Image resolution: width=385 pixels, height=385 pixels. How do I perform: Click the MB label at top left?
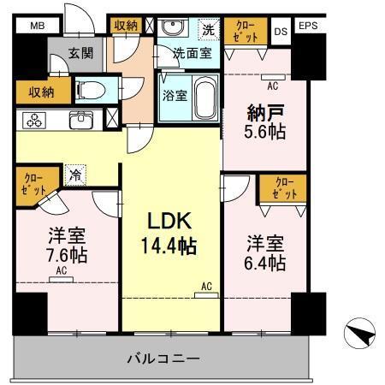37,27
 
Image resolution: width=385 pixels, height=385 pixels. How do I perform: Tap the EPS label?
309,27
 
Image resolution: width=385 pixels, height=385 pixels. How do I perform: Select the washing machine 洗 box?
206,29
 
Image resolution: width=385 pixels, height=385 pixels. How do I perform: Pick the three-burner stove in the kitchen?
35,121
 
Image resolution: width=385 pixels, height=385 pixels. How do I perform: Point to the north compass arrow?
361,331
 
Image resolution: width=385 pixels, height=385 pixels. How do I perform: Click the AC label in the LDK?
206,286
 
